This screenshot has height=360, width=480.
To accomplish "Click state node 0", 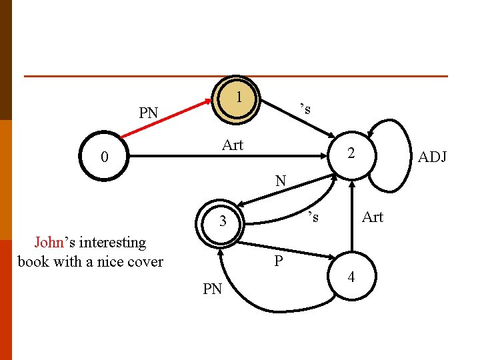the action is pos(104,156).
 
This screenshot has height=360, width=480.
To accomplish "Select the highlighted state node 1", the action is pos(236,100).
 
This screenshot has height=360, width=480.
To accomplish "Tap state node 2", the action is pos(351,155).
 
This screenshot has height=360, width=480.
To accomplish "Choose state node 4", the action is pos(352,276).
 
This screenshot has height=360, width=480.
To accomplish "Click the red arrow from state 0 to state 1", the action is pos(166,119).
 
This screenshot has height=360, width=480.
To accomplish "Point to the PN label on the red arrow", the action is pos(149,113).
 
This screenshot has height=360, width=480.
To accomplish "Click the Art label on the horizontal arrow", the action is pos(233,145).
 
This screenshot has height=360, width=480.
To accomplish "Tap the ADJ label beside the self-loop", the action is pos(432,157).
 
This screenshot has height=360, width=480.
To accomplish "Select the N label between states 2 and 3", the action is pos(281,181).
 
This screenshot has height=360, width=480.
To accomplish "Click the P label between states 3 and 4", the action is pos(278,261).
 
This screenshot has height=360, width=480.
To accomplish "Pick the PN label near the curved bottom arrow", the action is pos(213,289).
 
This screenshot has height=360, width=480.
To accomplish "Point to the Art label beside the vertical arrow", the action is pos(373,217).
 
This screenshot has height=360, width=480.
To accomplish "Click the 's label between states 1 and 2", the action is pos(305,109).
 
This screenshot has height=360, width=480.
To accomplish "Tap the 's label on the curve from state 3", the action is pos(313,217).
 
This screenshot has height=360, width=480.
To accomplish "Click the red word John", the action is pos(49,242).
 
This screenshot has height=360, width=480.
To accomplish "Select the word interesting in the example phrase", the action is pos(113,243).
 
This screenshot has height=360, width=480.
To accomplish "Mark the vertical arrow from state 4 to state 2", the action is pos(352,217).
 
